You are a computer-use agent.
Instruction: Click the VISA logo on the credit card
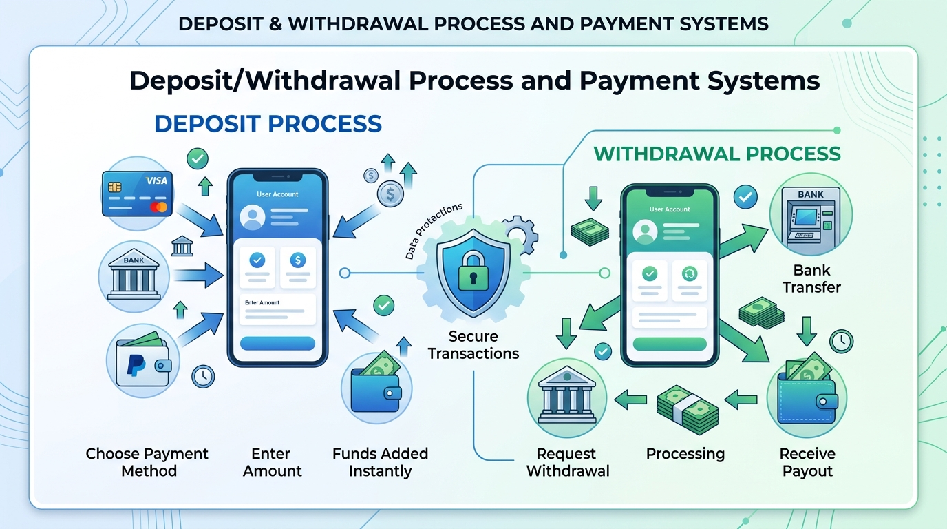click(x=156, y=180)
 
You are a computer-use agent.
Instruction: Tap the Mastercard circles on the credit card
click(x=159, y=207)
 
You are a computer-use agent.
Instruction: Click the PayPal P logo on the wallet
click(x=136, y=366)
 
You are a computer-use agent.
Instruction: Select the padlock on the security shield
click(x=473, y=271)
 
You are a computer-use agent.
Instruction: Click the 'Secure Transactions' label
click(x=473, y=345)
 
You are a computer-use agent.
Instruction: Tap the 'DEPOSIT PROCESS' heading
click(x=268, y=123)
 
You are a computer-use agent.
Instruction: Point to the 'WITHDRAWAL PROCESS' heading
click(x=717, y=154)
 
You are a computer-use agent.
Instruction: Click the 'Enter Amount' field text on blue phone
click(x=262, y=302)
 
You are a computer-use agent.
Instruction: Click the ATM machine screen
click(x=806, y=217)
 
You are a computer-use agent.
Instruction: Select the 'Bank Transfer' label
click(x=811, y=279)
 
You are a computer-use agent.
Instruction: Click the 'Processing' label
click(x=685, y=454)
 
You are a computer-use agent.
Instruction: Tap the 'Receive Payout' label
click(x=807, y=462)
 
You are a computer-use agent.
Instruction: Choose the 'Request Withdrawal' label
click(x=568, y=462)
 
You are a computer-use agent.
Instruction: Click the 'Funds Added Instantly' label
click(x=380, y=462)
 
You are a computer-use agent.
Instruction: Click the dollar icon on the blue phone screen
click(x=297, y=260)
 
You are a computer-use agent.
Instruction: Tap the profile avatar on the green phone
click(x=645, y=231)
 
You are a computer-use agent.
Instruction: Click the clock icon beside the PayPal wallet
click(x=203, y=376)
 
